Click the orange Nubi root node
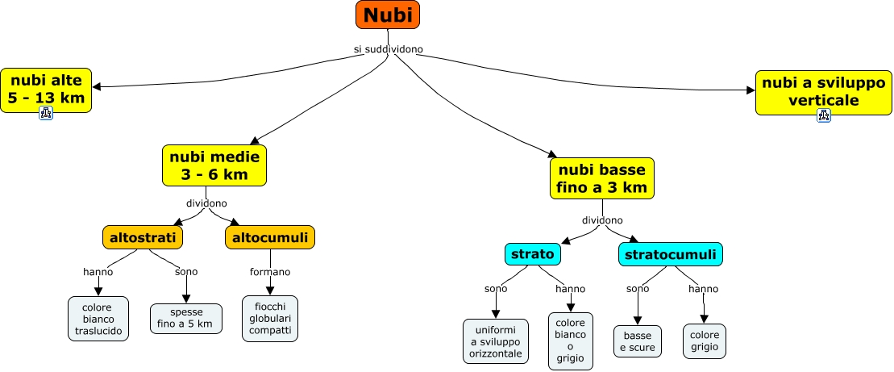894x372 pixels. tap(388, 15)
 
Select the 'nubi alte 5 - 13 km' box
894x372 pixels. tap(46, 89)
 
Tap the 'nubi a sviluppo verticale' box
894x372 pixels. tap(823, 91)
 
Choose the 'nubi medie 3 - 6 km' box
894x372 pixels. tap(214, 165)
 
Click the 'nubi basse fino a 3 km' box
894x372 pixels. tap(601, 178)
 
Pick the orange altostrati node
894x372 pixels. tap(143, 237)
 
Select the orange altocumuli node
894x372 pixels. tap(269, 237)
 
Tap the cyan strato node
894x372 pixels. tap(533, 254)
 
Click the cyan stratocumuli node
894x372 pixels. tap(670, 254)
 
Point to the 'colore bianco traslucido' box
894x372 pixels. tap(98, 319)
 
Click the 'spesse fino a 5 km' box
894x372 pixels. tap(185, 318)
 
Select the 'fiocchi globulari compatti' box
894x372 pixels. tap(270, 318)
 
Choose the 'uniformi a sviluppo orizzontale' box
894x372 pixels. tap(496, 341)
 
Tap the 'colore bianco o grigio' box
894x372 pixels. tap(570, 341)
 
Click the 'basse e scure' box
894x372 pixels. tap(637, 341)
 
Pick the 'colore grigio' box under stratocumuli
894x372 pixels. tap(704, 341)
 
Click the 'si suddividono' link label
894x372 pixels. tap(388, 49)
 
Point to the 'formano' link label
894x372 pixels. tap(270, 272)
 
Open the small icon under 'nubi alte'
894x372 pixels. tap(46, 115)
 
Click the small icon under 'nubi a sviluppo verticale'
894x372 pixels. tap(823, 115)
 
